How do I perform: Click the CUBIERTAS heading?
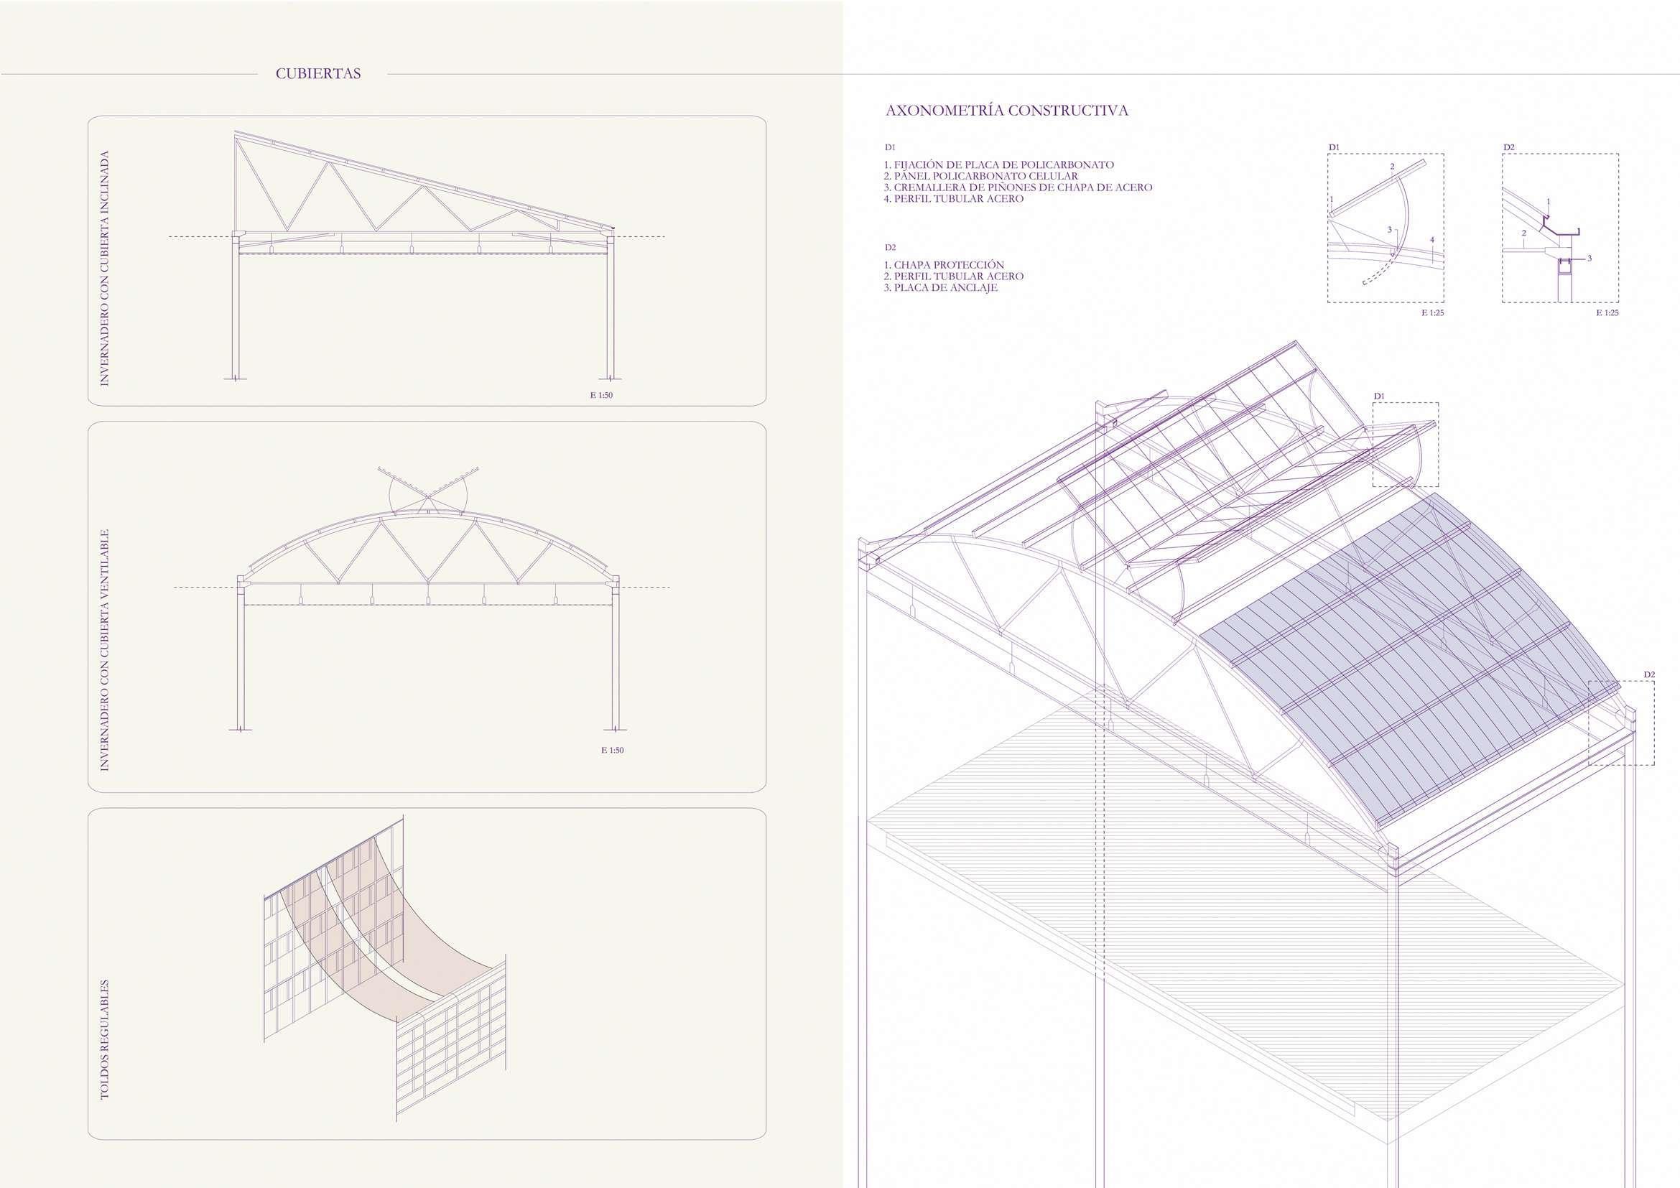[x=317, y=74]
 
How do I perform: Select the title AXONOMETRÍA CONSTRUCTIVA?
[x=1006, y=111]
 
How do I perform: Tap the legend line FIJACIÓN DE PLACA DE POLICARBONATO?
[x=999, y=165]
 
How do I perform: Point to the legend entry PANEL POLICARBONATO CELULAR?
[x=980, y=176]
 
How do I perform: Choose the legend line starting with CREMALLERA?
[x=1018, y=187]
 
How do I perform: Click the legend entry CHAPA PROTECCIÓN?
[x=944, y=265]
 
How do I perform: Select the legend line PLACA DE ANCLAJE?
[x=940, y=287]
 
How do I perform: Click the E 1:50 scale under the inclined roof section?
[x=601, y=396]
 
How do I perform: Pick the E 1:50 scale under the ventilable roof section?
[x=613, y=750]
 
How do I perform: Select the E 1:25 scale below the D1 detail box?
[x=1433, y=312]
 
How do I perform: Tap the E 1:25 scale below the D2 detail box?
[x=1607, y=312]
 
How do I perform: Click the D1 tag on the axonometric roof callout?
[x=1379, y=396]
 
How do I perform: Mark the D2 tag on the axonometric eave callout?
[x=1649, y=674]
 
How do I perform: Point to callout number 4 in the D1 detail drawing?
[x=1432, y=240]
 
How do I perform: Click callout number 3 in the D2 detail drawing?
[x=1589, y=259]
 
